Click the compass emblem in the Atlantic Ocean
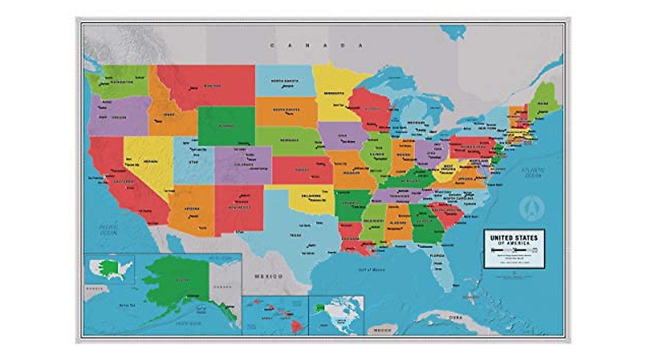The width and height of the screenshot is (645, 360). tap(532, 207)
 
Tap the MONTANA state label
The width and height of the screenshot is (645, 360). tap(211, 86)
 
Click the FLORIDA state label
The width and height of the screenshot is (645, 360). tap(437, 256)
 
